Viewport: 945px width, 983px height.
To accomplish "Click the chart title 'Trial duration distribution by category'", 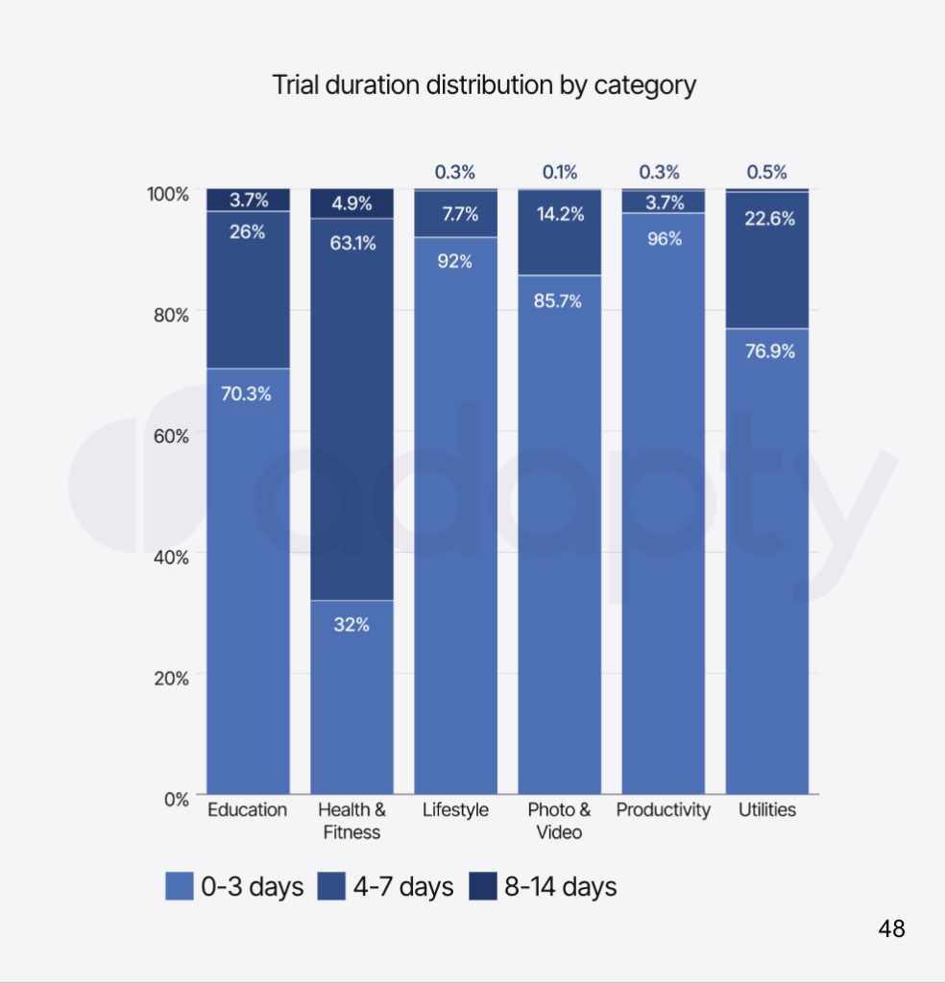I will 484,85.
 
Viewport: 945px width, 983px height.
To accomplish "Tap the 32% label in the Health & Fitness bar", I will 351,625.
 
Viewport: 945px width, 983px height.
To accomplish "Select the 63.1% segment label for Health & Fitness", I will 352,243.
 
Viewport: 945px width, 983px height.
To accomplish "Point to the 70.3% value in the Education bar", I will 247,394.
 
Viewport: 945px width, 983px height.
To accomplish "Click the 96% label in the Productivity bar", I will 664,239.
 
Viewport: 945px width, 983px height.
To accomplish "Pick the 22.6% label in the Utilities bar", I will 768,219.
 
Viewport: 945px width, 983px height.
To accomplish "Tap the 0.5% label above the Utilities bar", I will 766,173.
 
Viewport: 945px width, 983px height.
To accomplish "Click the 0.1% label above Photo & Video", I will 560,173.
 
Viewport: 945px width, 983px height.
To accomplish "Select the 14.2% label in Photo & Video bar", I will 560,214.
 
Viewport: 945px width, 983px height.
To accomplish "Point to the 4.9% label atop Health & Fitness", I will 351,204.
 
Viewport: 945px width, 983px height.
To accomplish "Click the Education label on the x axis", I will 247,810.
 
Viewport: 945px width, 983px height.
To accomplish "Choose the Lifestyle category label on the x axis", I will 455,810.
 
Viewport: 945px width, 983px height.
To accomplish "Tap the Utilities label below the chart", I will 767,810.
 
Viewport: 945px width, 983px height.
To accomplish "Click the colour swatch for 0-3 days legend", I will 180,887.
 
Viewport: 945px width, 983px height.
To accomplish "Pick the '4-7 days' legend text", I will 402,887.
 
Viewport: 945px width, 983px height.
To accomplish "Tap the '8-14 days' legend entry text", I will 561,887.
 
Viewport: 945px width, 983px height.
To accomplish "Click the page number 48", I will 891,929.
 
